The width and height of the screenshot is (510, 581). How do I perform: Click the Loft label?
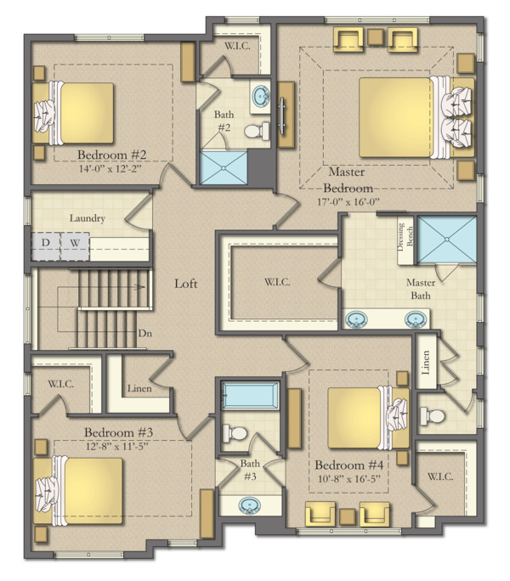coord(186,284)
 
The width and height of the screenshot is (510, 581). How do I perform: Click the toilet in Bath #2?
coord(257,131)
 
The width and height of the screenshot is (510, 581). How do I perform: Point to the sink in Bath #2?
coord(261,96)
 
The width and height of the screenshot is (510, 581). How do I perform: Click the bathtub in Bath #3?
coord(250,396)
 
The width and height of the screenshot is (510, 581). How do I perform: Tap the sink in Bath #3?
coord(249,505)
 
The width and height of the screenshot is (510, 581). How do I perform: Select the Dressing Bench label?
coord(405,237)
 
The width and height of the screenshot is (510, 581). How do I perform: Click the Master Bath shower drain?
coord(447,240)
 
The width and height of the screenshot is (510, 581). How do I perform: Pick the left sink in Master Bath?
coord(356,319)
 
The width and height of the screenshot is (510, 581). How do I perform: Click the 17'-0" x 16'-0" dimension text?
coord(348,202)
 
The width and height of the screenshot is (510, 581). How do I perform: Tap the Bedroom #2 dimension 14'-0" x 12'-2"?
coord(110,169)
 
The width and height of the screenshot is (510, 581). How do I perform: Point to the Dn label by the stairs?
coord(145,334)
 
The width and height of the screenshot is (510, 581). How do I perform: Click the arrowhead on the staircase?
coord(140,287)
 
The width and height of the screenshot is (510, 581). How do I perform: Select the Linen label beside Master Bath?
coord(426,363)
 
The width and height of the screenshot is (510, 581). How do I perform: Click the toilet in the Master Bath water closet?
coord(432,415)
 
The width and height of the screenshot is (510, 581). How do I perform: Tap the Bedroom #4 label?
coord(349,465)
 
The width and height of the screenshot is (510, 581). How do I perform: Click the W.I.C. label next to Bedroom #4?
coord(440,477)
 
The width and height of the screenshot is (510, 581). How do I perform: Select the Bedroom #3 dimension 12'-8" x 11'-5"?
coord(116,447)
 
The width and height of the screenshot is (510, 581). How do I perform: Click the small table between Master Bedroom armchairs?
coord(376,37)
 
